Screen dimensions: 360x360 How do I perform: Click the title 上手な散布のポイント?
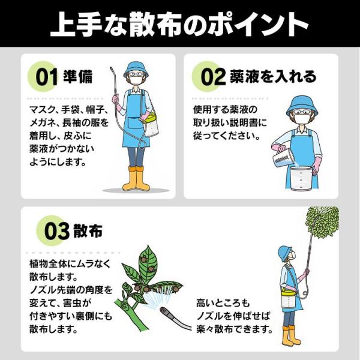(179, 25)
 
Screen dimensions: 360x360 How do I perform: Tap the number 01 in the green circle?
(47, 77)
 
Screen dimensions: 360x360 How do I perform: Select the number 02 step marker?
(213, 77)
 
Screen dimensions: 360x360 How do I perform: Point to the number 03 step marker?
(56, 231)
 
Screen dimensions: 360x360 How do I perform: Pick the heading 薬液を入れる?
(273, 76)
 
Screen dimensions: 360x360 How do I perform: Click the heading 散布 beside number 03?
(88, 230)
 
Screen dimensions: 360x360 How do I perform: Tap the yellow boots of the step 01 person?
(136, 178)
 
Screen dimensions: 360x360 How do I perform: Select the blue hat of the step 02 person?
(302, 106)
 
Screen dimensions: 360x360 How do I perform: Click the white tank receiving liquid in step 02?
(301, 178)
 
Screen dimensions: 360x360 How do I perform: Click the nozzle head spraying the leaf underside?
(166, 313)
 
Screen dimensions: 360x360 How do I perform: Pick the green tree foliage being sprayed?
(323, 222)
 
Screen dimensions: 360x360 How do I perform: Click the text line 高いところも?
(223, 303)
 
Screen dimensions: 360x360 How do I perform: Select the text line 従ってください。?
(227, 136)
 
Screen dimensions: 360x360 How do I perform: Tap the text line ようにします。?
(58, 162)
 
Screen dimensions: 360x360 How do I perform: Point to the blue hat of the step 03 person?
(284, 253)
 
